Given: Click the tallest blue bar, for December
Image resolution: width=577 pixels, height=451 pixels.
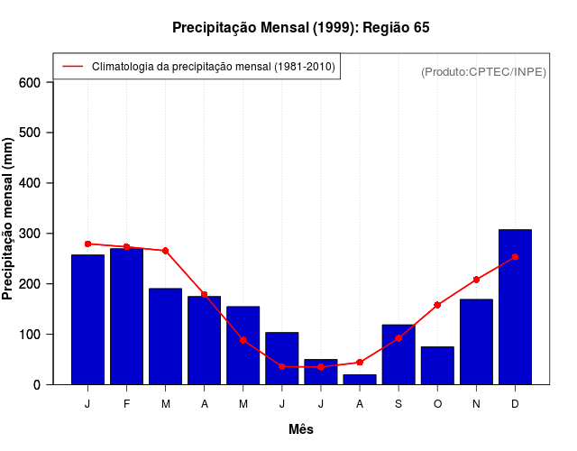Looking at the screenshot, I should click(515, 307).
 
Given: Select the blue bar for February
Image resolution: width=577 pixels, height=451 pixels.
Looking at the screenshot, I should click(126, 317).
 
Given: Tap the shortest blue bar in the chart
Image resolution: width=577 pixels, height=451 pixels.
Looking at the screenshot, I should click(360, 380).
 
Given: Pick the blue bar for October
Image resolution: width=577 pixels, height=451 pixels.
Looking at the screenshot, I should click(437, 365).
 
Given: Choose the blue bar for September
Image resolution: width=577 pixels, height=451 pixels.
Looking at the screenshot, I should click(398, 354).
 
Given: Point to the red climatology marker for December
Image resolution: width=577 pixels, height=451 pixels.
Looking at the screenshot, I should click(515, 257).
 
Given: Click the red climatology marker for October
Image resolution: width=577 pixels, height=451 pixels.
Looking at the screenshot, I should click(437, 305).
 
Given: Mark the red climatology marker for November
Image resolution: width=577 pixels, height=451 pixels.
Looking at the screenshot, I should click(476, 280).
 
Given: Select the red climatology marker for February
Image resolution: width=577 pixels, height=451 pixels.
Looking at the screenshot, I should click(126, 246).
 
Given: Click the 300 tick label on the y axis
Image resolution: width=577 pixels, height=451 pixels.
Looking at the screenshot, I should click(31, 234).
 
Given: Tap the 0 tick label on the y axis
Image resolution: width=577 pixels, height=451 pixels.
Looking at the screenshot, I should click(37, 385).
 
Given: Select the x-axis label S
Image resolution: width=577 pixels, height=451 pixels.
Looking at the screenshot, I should click(398, 404).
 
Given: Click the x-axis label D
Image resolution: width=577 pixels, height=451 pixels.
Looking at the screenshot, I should click(515, 404).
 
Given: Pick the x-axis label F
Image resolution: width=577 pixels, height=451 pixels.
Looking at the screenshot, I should click(126, 404).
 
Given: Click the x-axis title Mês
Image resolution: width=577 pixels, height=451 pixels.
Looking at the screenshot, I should click(301, 429).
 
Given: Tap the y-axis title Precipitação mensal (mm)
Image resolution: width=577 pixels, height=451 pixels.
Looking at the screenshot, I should click(9, 219).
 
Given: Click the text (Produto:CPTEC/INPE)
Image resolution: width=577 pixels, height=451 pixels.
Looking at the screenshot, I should click(483, 71).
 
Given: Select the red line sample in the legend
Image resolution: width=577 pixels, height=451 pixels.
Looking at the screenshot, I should click(73, 66).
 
